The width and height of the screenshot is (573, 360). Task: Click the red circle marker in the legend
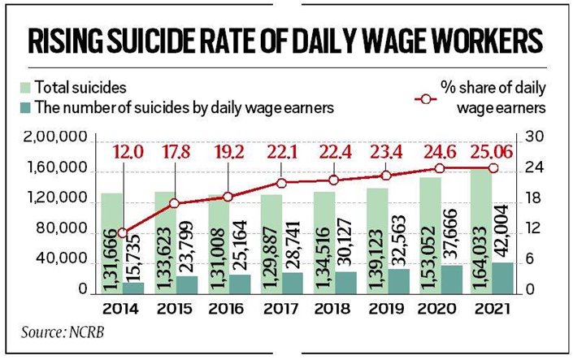point(425,98)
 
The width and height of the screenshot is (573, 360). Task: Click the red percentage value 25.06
point(492,153)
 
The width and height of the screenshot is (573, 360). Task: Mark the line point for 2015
point(175,204)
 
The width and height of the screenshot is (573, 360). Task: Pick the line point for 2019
point(386,176)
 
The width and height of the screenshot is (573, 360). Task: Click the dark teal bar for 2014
point(133,288)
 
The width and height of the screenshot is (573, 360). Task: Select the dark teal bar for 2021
point(503,278)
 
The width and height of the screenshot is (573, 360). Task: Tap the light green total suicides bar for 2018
point(324,243)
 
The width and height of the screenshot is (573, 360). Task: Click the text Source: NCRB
point(63,332)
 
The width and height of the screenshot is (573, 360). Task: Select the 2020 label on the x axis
point(437,310)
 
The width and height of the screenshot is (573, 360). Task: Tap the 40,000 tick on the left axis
point(59,261)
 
